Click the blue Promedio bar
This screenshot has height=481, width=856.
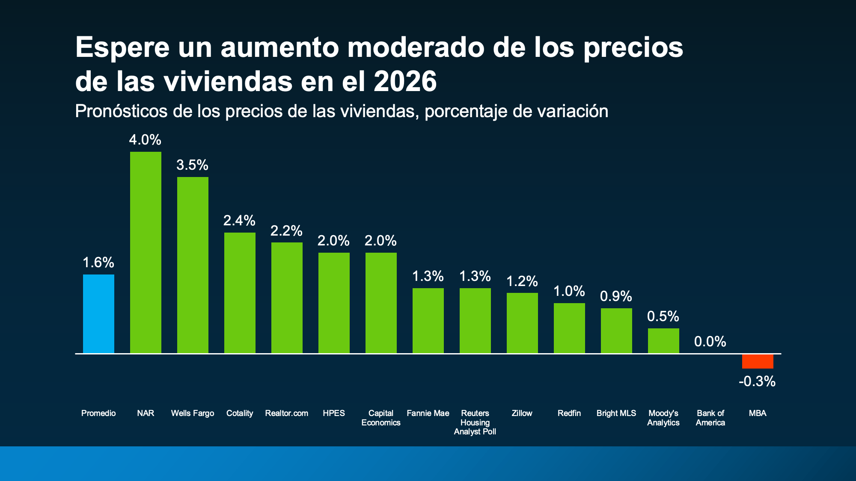98,314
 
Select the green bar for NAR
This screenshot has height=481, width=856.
146,252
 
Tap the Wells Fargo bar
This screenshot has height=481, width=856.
193,265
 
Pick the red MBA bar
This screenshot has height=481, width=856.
758,361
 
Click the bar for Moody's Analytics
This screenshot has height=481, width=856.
663,341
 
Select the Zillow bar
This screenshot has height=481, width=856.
522,323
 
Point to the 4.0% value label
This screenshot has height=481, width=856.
145,140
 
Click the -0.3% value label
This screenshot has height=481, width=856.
757,381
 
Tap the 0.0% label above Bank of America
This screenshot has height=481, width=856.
710,342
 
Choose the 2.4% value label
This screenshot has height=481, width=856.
239,221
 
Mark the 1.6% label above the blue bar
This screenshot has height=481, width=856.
98,263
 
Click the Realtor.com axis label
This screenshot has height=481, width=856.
287,413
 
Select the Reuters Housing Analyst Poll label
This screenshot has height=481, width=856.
475,422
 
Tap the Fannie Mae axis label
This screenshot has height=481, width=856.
428,413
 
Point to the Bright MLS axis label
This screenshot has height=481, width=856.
616,413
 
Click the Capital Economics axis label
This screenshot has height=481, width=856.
381,418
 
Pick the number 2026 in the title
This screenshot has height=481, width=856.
405,81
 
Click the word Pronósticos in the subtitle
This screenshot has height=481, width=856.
121,112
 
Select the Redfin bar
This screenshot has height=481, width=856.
569,328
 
